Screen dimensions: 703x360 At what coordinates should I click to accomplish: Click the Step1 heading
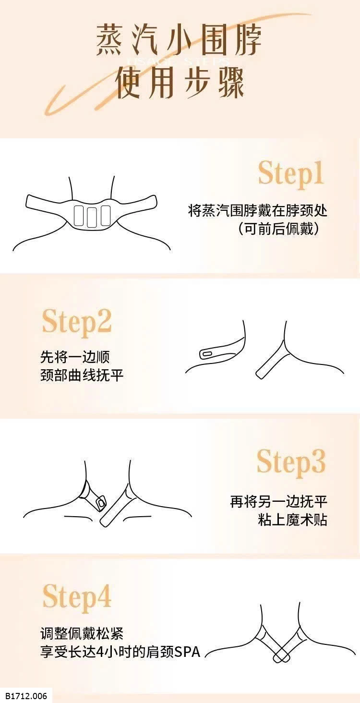click(291, 174)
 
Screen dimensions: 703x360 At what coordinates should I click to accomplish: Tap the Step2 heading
click(77, 322)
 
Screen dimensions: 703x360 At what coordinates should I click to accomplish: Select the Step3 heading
click(291, 462)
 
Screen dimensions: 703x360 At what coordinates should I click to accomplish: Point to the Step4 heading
click(77, 597)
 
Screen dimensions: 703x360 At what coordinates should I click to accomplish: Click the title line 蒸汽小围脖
click(179, 40)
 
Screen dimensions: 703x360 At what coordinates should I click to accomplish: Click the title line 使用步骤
click(180, 82)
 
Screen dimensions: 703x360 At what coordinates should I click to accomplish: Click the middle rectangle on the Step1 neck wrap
click(93, 216)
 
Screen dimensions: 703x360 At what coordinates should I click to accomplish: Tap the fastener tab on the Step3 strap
click(100, 503)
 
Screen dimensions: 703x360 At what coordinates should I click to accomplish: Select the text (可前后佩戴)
click(278, 229)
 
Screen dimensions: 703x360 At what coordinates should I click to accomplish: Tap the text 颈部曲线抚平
click(82, 375)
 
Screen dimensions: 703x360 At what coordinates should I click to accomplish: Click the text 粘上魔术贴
click(292, 520)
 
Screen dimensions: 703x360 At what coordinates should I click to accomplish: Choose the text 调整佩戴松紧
click(82, 633)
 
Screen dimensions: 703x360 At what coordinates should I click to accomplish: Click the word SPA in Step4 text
click(188, 652)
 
